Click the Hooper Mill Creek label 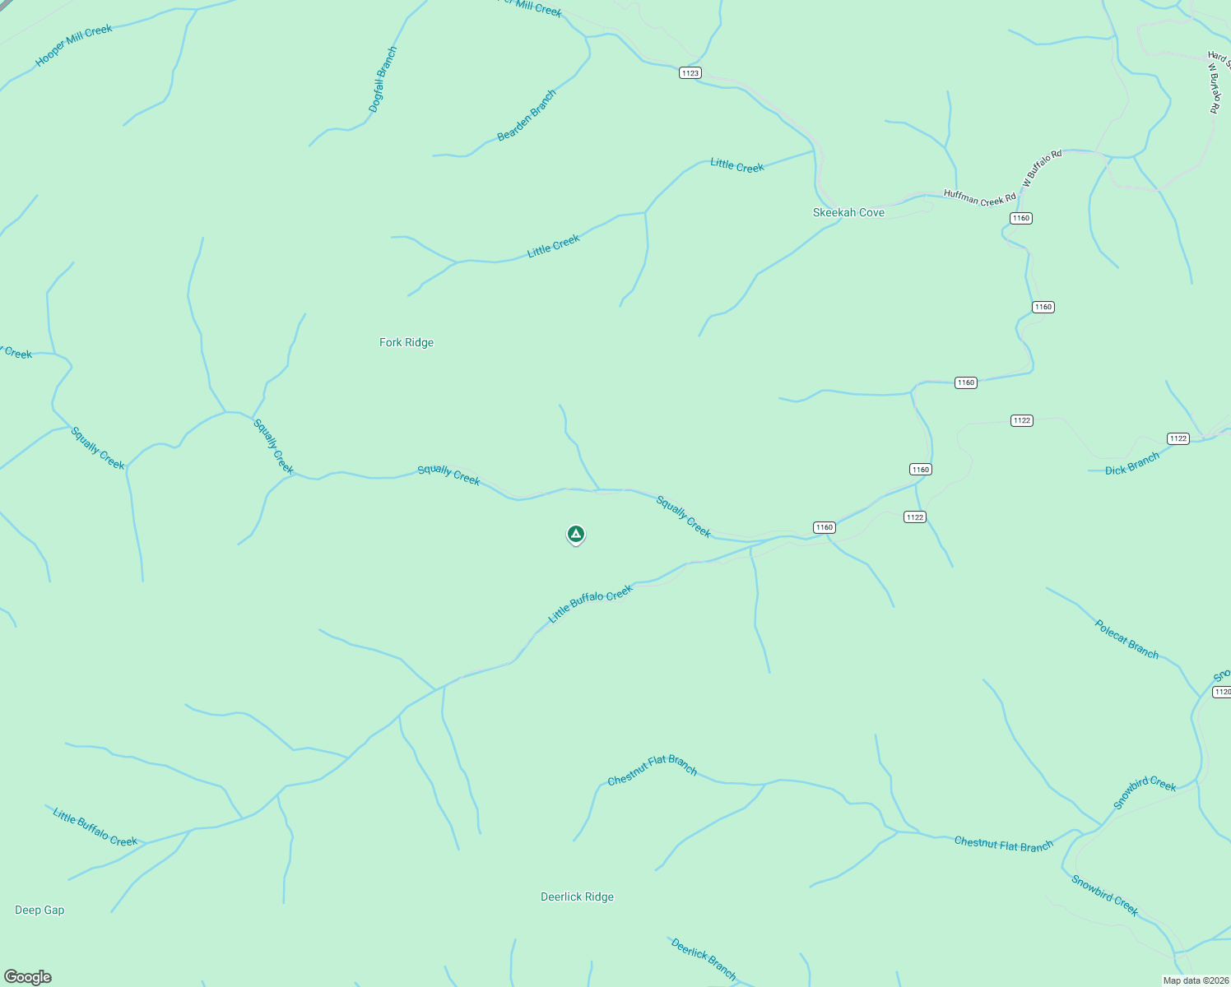click(x=74, y=45)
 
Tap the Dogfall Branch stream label click(x=383, y=80)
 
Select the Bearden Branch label click(x=527, y=115)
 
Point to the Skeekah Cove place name click(x=848, y=212)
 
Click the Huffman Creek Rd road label click(x=979, y=198)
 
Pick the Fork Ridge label click(x=406, y=342)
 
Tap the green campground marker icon click(x=576, y=535)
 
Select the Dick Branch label click(x=1132, y=465)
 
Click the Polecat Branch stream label click(x=1126, y=639)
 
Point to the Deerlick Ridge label click(x=577, y=897)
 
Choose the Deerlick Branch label click(x=704, y=958)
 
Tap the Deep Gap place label click(x=39, y=910)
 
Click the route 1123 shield click(x=690, y=73)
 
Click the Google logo click(x=28, y=977)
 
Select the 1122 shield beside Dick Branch click(x=1178, y=438)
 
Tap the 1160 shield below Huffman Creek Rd click(x=1020, y=218)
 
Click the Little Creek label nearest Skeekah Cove click(x=737, y=165)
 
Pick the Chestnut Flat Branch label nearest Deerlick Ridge click(x=653, y=770)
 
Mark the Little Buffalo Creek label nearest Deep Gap click(x=95, y=827)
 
